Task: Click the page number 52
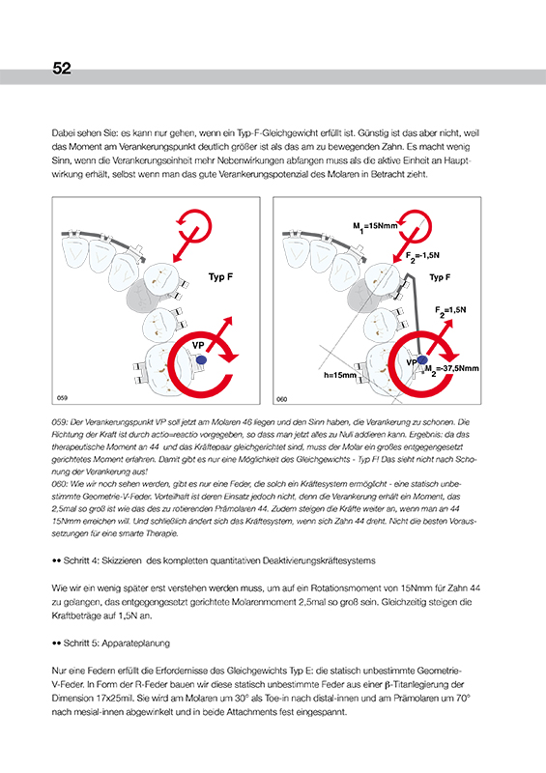coord(62,68)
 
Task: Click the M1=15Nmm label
coord(375,227)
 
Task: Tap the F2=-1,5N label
coord(422,256)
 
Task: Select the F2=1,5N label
coord(450,310)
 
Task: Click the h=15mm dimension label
coord(340,375)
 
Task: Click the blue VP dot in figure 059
coord(201,360)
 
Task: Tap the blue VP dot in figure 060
coord(422,360)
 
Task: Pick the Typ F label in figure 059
coord(220,277)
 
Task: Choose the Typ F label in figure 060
coord(440,277)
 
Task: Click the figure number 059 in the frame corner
coord(62,398)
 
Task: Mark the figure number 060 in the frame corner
coord(282,399)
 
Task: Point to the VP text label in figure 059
coord(198,346)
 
